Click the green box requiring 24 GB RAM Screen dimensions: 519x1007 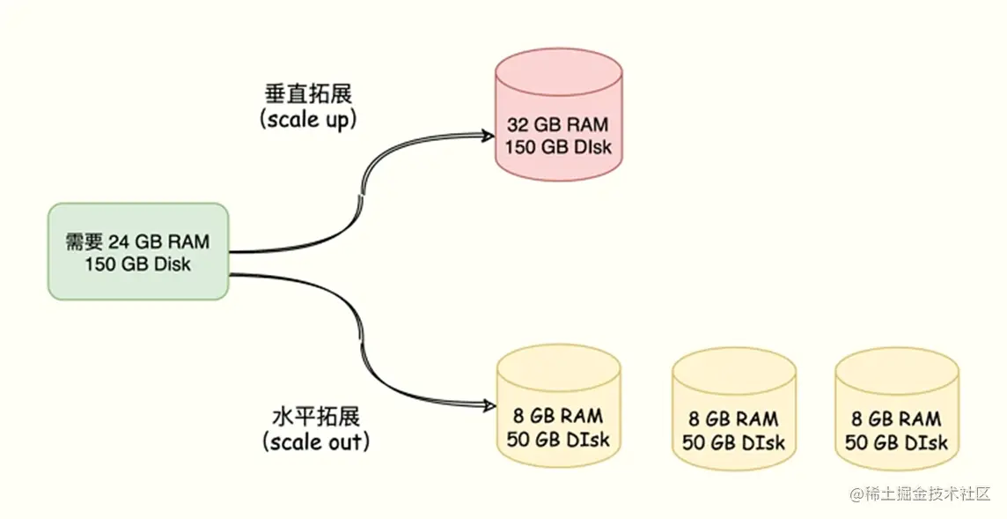coord(138,252)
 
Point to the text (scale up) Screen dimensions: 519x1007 coord(308,119)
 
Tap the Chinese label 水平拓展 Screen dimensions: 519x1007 coord(315,416)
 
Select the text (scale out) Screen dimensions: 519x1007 coord(315,441)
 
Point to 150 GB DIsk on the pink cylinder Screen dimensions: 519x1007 coord(558,146)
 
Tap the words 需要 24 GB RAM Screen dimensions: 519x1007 coord(138,241)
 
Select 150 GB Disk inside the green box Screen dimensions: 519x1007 coord(138,263)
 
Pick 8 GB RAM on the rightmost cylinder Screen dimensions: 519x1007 coord(896,419)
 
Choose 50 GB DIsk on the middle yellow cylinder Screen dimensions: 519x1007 coord(733,441)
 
